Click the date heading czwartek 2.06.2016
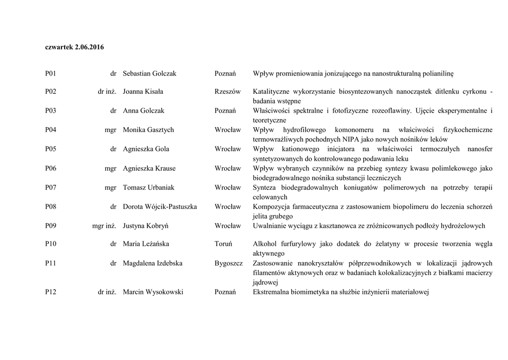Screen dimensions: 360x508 [74, 47]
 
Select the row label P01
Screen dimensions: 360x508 [51, 73]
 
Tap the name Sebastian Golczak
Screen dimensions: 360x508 [149, 73]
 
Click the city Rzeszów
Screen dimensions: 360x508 [227, 92]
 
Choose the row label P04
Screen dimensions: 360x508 [51, 130]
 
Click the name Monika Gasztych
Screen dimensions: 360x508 [148, 130]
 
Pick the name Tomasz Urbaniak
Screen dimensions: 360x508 [148, 188]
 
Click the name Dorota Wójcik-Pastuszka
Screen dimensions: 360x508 [160, 207]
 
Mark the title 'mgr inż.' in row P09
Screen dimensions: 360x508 [104, 226]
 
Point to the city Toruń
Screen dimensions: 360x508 [223, 244]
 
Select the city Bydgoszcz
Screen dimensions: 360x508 [229, 264]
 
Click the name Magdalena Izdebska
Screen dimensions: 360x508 [152, 264]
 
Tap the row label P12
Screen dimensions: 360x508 [51, 292]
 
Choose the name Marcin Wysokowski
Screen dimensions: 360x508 [153, 292]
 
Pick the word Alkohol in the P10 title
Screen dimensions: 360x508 [264, 244]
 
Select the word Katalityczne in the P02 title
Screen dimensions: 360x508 [272, 92]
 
